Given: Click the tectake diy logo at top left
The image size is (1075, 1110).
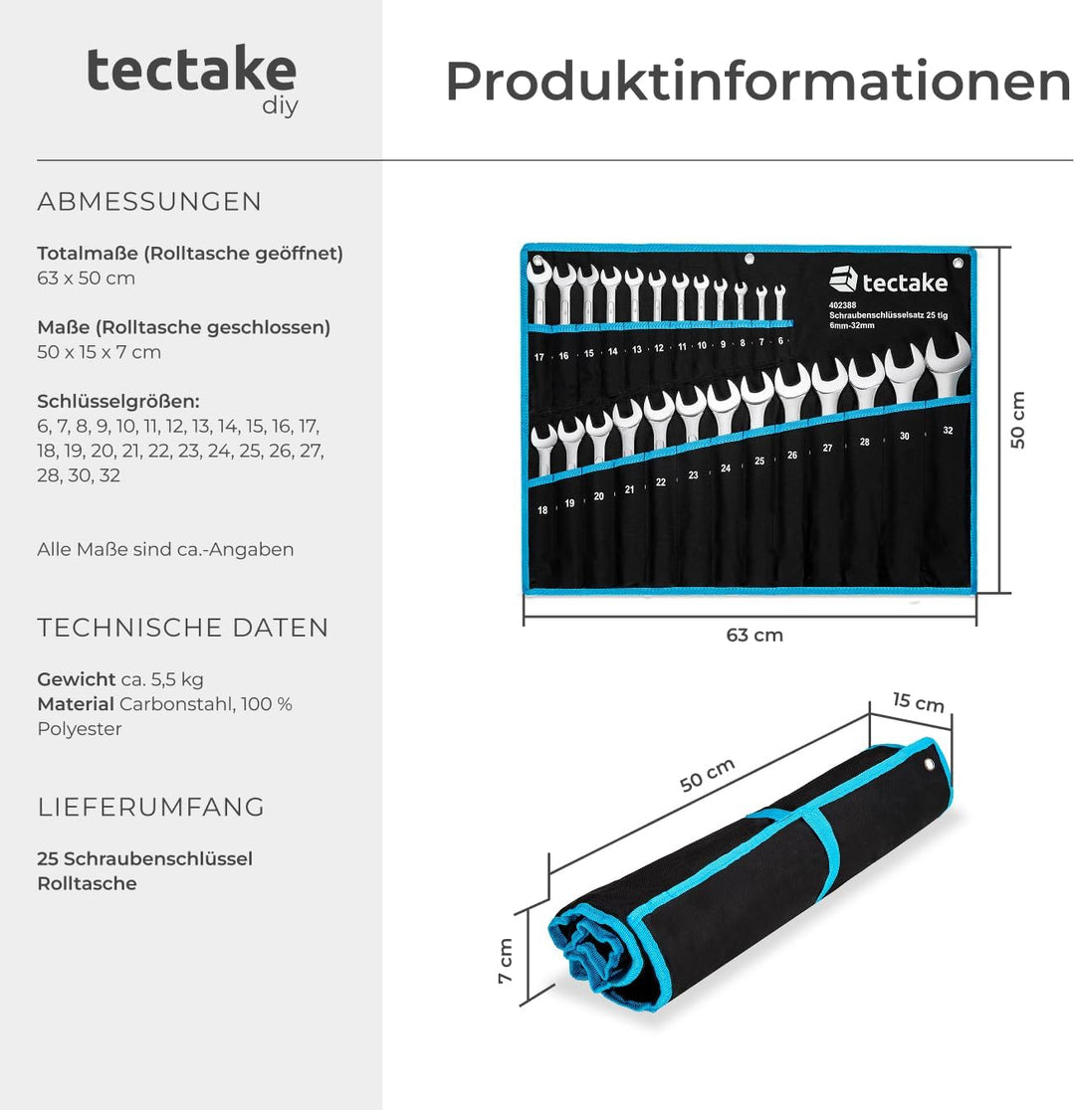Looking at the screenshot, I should click(x=192, y=79).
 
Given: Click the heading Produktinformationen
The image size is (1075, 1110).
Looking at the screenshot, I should click(x=756, y=82).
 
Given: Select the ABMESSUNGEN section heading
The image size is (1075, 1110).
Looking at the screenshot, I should click(x=149, y=202).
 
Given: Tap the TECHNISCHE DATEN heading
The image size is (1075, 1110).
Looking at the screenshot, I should click(x=183, y=628).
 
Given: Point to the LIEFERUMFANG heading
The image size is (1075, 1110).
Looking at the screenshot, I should click(x=151, y=807).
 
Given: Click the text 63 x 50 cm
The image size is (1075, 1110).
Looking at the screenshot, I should click(x=86, y=278).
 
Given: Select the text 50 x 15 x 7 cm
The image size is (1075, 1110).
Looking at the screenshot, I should click(x=99, y=352).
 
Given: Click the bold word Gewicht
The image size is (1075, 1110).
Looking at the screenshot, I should click(x=77, y=679).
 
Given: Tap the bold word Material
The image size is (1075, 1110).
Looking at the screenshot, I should click(x=76, y=704).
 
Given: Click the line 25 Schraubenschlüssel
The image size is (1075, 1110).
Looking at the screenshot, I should click(x=144, y=858).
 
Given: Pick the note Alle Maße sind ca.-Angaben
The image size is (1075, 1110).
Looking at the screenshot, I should click(x=165, y=549).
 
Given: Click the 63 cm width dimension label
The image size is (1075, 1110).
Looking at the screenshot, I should click(x=754, y=635).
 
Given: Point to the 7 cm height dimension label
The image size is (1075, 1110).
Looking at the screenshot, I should click(x=505, y=961).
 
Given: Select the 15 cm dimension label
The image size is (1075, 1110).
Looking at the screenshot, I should click(x=918, y=701).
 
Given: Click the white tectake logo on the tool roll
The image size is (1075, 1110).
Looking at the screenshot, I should click(x=888, y=281).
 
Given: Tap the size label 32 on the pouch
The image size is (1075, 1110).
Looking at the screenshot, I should click(x=947, y=432).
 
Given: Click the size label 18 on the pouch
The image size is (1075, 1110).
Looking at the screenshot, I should click(x=542, y=509).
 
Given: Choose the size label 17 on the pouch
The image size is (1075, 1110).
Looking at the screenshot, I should click(x=538, y=357).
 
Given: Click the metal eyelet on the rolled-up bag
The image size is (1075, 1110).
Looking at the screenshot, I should click(x=929, y=765).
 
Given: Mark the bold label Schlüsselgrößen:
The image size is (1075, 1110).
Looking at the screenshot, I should click(x=118, y=402).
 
